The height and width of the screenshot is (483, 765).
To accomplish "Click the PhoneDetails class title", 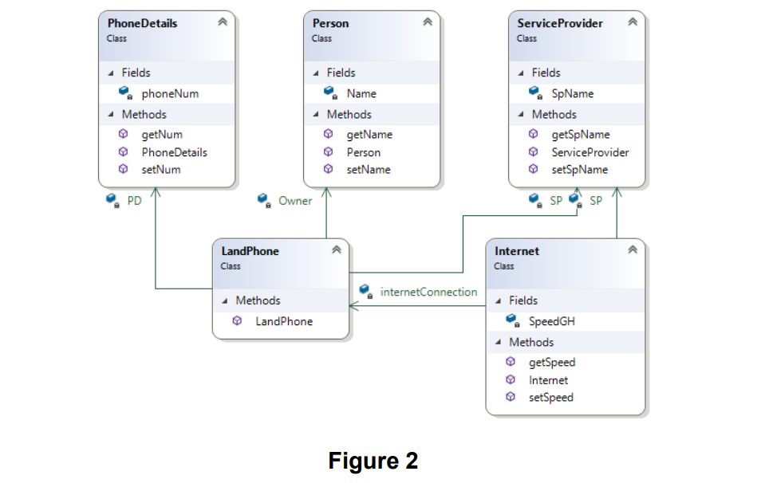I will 142,23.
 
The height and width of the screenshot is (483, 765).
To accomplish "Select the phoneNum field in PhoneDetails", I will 170,93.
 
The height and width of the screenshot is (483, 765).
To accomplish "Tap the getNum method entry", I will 162,135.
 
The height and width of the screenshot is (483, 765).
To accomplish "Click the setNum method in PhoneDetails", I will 161,170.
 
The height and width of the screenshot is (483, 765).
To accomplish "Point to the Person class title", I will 330,23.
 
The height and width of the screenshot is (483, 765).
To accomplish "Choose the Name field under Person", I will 361,93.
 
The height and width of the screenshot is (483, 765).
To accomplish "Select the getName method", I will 369,135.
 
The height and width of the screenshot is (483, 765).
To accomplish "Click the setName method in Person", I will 368,170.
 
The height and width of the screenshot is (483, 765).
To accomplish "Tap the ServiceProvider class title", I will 559,23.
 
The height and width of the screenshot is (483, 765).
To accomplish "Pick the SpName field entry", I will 572,93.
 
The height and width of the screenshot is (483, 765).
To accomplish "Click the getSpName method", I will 580,135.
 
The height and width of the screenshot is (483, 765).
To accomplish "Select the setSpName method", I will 579,170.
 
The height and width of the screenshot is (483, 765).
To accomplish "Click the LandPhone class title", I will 250,251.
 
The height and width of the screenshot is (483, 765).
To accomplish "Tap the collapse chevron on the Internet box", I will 633,250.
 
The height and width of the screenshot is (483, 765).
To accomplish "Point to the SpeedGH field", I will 551,321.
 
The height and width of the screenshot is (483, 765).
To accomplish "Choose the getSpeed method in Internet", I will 551,363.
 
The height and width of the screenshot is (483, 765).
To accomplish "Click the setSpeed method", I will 550,398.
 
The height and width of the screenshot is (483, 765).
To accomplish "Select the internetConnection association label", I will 428,292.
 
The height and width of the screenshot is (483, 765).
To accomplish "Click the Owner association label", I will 295,201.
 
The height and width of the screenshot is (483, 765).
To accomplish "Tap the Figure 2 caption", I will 373,461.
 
